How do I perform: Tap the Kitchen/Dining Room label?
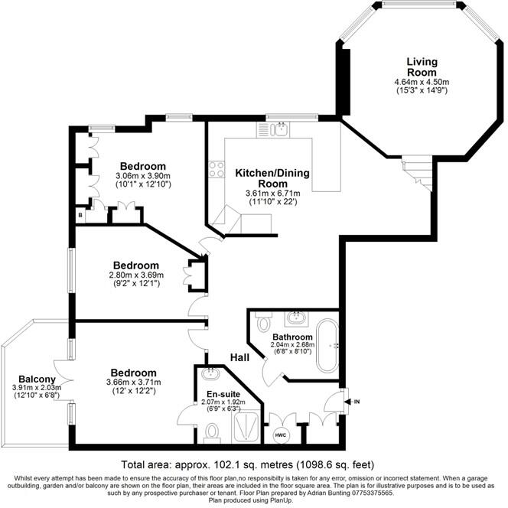coord(272,178)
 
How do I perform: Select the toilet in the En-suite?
coord(213,432)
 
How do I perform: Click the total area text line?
coord(253,464)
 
